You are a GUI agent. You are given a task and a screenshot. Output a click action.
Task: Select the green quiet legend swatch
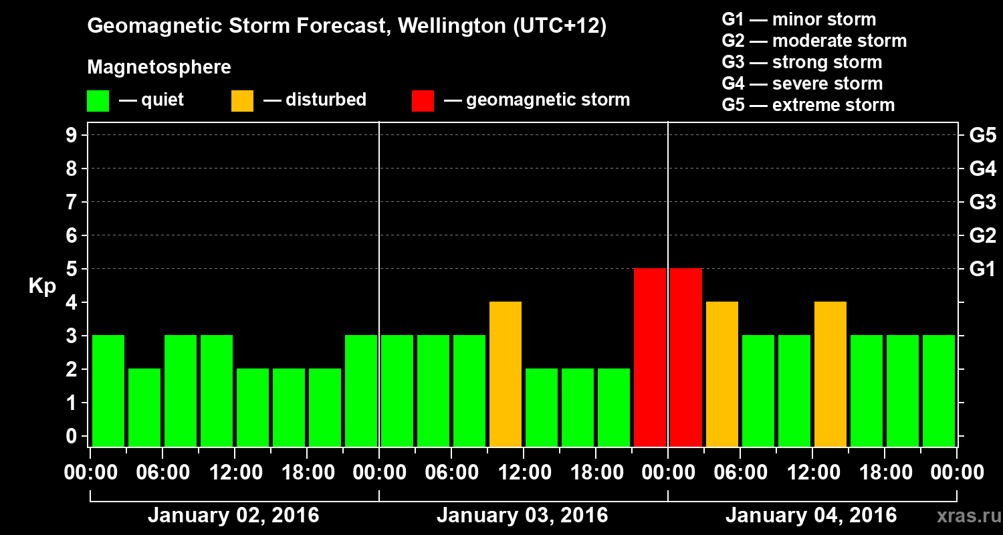point(98,101)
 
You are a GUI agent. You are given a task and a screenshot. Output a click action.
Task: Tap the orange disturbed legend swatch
point(242,101)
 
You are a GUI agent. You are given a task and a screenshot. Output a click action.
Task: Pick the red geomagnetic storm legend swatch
point(423,101)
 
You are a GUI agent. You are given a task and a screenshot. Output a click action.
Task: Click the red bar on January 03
point(650,357)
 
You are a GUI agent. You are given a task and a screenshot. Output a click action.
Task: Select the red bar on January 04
point(686,357)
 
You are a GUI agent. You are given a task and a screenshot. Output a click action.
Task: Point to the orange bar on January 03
point(506,374)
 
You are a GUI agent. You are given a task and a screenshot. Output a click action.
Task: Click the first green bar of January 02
point(108,391)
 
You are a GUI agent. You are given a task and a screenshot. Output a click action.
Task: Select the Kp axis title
point(41,286)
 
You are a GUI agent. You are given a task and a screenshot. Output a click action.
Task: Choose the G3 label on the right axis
point(982,203)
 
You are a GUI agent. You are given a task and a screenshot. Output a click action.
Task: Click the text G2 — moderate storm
point(814,41)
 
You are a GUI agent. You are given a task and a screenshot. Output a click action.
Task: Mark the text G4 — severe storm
point(802,84)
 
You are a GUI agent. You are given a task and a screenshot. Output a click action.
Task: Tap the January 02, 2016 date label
point(233,516)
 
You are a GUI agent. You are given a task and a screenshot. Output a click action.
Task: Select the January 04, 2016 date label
point(811,516)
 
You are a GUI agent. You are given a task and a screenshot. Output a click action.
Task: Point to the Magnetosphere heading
point(159,68)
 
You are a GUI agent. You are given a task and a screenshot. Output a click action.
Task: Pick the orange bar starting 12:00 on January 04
point(830,374)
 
